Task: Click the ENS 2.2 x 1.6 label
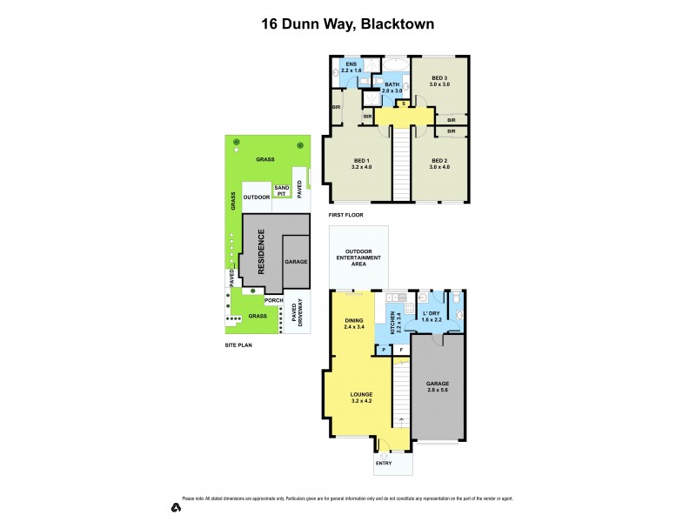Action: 351,68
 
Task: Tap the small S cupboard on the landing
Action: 402,104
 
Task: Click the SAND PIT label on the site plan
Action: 282,190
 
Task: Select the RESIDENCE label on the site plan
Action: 260,252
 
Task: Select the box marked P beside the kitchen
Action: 384,351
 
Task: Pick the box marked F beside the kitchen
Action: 401,351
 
